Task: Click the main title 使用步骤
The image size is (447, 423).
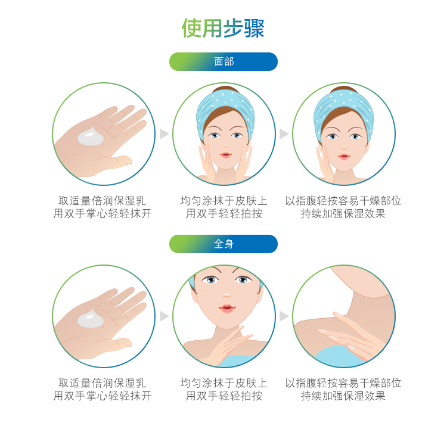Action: tap(223, 28)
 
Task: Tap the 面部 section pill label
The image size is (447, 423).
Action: tap(223, 61)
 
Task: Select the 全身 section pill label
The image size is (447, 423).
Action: tap(223, 244)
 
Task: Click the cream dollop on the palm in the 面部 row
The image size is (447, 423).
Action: tap(91, 136)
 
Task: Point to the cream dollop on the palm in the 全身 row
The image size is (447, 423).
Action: tap(91, 318)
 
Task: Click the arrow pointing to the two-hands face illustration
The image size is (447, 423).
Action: tap(164, 133)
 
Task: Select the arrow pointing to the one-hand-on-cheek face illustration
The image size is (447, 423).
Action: tap(284, 133)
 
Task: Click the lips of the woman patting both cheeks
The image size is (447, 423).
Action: tap(225, 155)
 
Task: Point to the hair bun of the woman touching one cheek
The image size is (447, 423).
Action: tap(344, 89)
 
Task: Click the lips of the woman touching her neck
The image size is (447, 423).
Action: tap(227, 309)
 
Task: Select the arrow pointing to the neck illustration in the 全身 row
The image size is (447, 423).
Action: tap(164, 316)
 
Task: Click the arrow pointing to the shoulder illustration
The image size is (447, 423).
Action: tap(284, 316)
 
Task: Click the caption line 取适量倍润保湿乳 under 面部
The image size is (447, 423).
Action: tap(102, 201)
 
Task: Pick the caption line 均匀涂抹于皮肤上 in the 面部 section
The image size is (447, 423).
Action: tap(223, 201)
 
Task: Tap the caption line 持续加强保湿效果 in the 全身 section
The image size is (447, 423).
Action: tap(343, 396)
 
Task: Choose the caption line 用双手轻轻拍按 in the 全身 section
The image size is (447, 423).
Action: tap(223, 396)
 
